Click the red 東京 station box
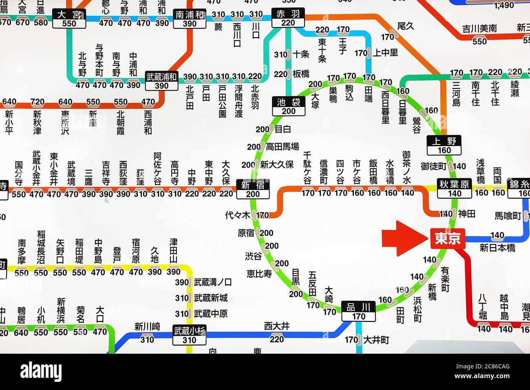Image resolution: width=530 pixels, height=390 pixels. coord(448,239)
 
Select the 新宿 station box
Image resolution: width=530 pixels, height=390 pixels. coord(253,189)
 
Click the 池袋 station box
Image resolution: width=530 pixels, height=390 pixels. coord(288,106)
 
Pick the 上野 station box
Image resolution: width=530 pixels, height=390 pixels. coord(444,145)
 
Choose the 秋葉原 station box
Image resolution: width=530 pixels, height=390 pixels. coord(454,188)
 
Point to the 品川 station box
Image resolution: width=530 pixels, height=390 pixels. coord(358,311)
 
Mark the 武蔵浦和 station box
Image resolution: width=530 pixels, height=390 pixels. coord(162,81)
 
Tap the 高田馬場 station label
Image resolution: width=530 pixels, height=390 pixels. coord(282,146)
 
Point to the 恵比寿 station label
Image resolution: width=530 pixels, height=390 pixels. coord(259,274)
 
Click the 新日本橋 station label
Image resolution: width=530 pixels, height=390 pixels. coord(497,248)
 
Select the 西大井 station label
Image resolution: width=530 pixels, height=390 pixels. coord(277,326)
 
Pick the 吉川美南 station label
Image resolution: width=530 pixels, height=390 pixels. coord(479,29)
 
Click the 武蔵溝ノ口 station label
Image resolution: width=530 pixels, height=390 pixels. coord(213,282)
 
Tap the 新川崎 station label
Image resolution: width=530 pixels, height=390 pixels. coord(147,326)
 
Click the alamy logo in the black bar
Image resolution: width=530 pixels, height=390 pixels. coord(41,372)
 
